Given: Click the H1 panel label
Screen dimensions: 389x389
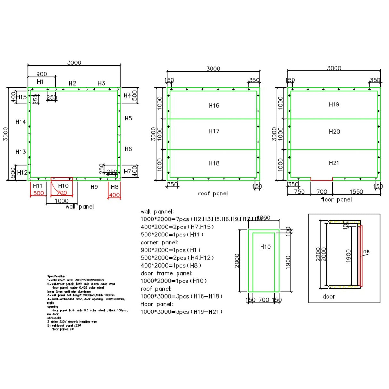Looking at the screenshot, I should [x=40, y=82].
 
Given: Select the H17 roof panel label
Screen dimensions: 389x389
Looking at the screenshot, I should [x=214, y=131].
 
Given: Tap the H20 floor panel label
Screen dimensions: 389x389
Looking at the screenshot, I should [x=334, y=132].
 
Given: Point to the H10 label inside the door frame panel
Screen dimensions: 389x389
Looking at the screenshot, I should [x=265, y=247].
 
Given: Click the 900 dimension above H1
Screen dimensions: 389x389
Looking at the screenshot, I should [x=41, y=74].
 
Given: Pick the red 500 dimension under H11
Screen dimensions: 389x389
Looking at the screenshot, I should [x=38, y=193].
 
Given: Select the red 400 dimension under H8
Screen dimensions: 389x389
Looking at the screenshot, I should [x=114, y=195].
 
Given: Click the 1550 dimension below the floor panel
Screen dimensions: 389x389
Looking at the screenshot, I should [x=356, y=192].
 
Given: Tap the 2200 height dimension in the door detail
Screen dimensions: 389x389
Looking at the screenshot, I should [x=318, y=254].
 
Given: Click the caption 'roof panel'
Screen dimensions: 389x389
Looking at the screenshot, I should [x=213, y=194].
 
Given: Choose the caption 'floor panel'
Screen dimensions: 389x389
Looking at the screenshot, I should [x=336, y=200].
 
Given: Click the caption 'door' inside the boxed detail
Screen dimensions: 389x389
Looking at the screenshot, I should [x=328, y=297].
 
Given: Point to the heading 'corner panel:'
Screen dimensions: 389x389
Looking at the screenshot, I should [x=159, y=243].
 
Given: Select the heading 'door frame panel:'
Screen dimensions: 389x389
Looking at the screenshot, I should [x=167, y=273].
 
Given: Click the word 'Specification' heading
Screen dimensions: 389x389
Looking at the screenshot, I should [x=56, y=276].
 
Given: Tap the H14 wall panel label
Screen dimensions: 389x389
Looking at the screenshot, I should [x=21, y=122].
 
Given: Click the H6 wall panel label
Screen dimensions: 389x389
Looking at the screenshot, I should [x=128, y=149].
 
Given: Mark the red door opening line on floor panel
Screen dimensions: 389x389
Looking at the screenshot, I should [x=321, y=180].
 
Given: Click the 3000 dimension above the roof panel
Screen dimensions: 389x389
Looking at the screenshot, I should [x=213, y=69].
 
